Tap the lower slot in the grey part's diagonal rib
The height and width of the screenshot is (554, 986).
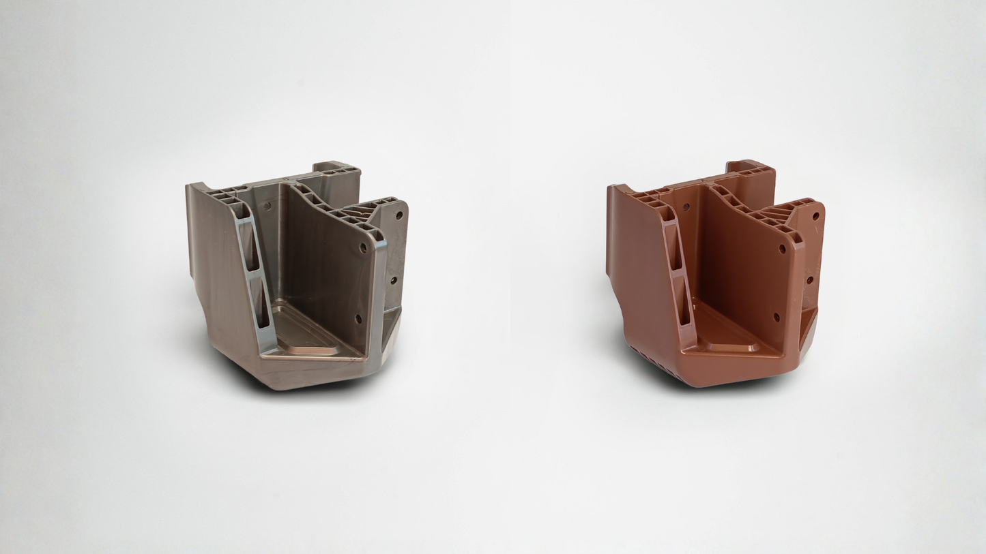(259, 303)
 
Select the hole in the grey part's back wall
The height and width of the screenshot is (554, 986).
(266, 204)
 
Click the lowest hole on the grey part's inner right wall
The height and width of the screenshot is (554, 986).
(358, 318)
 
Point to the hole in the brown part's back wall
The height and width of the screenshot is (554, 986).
(686, 205)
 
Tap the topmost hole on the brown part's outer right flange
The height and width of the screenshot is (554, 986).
(815, 216)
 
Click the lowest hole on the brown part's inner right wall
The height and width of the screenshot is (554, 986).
(776, 317)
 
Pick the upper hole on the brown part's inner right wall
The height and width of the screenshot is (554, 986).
(782, 249)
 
